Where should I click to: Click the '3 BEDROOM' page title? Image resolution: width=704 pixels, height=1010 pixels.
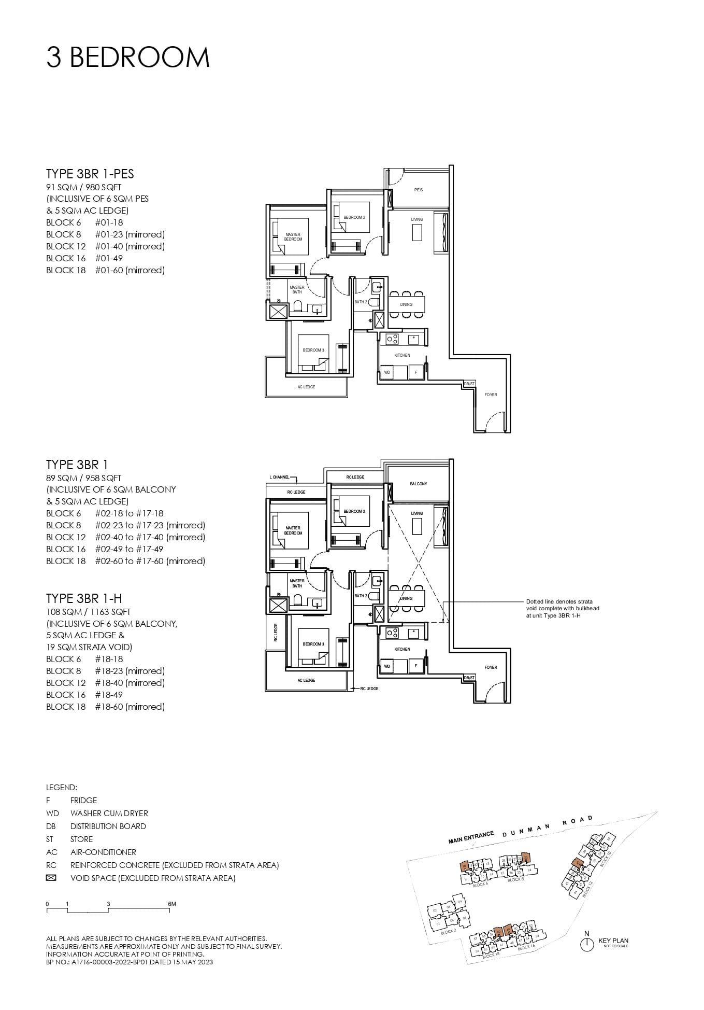(x=128, y=57)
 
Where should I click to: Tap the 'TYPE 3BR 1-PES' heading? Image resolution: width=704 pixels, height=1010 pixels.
(x=90, y=174)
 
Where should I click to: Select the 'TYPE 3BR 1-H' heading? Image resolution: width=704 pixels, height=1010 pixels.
(x=84, y=598)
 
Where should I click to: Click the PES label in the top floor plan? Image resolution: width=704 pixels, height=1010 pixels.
(x=419, y=190)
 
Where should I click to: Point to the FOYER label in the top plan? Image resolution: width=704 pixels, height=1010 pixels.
(x=491, y=395)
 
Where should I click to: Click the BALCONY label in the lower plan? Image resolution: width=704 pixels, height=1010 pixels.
(x=419, y=484)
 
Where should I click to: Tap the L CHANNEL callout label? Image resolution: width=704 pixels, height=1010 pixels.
(x=279, y=476)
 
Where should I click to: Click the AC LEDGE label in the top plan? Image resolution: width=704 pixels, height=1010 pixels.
(x=306, y=387)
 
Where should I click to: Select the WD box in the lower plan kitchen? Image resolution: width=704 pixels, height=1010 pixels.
(x=387, y=666)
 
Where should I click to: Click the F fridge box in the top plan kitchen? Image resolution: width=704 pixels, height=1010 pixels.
(x=415, y=372)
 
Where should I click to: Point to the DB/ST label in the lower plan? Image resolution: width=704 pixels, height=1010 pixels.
(x=469, y=678)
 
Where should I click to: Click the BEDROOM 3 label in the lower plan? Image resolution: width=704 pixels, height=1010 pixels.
(x=313, y=644)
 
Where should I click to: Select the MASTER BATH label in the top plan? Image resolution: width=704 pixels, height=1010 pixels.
(x=297, y=289)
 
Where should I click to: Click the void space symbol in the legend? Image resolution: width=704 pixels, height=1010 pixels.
(x=51, y=878)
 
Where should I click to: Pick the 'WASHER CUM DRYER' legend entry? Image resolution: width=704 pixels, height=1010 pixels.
(x=109, y=813)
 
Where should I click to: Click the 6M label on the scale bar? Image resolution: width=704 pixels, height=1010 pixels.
(x=172, y=904)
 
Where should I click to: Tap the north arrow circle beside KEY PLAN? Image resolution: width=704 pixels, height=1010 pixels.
(x=586, y=944)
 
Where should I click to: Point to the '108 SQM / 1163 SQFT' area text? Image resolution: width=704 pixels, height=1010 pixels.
(x=88, y=612)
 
